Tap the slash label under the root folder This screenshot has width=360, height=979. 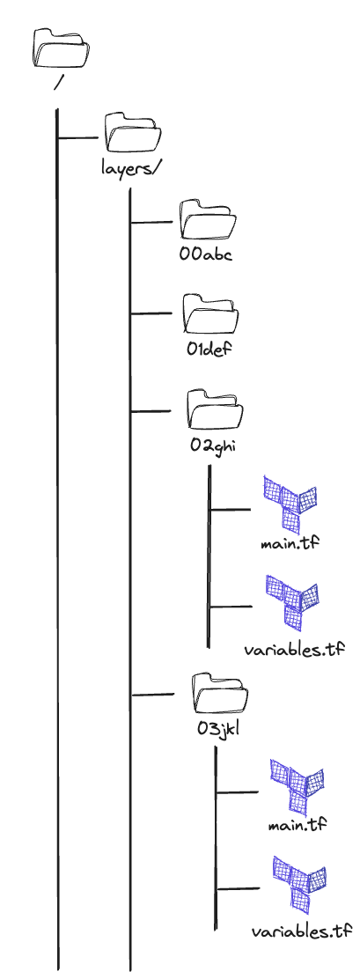pos(59,82)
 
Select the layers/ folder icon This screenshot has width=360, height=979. pos(132,133)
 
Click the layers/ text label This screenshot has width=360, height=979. pos(127,168)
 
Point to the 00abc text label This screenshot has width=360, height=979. pos(204,254)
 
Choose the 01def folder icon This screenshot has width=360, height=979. pos(211,313)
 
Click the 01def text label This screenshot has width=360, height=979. pos(209,349)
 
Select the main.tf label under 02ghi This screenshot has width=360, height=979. pos(290,542)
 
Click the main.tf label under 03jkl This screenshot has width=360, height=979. pos(298,826)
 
